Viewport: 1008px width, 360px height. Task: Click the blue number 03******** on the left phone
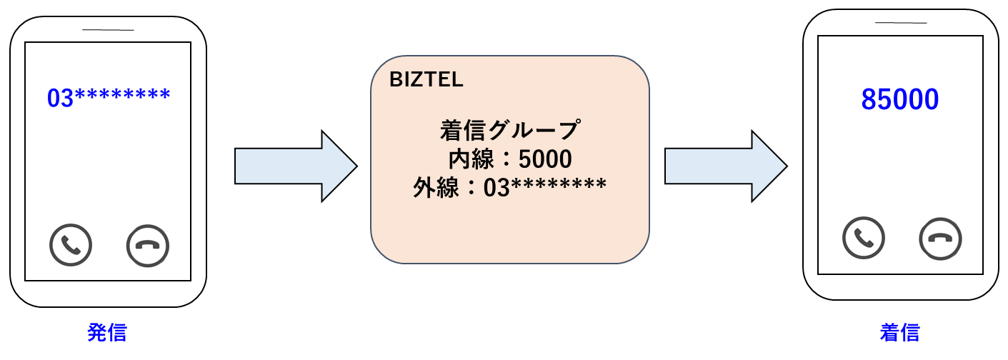point(109,97)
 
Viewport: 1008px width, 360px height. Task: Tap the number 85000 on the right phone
point(899,100)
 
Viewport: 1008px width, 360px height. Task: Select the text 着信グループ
point(509,131)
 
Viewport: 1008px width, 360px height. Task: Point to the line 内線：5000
point(509,159)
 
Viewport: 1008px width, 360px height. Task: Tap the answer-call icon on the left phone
point(71,245)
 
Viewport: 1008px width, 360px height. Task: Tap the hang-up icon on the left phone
point(147,246)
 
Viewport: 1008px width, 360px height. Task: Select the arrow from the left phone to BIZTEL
point(295,166)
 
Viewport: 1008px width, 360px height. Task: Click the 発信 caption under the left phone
point(107,333)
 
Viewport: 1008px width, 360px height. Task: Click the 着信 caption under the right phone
point(899,333)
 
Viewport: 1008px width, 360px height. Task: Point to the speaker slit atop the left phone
point(108,29)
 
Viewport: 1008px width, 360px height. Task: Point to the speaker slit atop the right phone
point(900,23)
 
